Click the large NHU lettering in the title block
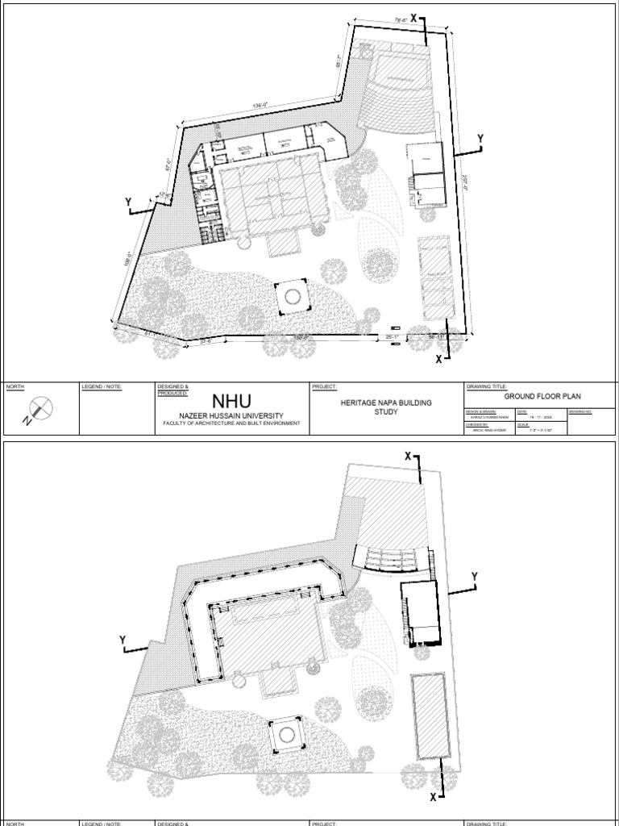[x=232, y=400]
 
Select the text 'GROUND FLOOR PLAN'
[x=542, y=396]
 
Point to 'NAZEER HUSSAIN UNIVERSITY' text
[x=232, y=414]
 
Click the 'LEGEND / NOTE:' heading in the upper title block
[x=101, y=387]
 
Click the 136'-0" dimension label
[x=260, y=106]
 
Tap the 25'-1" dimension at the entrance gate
[x=393, y=336]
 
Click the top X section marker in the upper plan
[x=414, y=17]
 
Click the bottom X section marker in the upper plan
[x=439, y=359]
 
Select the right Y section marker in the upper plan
[x=480, y=140]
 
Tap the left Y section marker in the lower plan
[x=123, y=640]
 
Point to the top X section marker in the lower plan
[x=409, y=457]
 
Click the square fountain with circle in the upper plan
[x=291, y=297]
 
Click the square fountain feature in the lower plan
[x=284, y=736]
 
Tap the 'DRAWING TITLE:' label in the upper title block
[x=487, y=387]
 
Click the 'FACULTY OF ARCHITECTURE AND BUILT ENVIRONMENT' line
[x=232, y=423]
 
